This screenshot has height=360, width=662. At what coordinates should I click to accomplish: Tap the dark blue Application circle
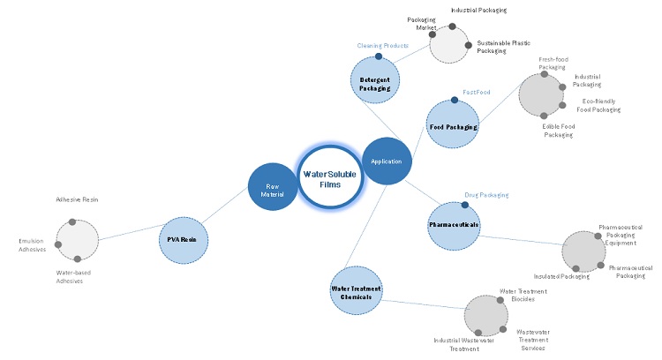click(x=387, y=161)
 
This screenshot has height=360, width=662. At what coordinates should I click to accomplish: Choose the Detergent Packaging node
click(x=375, y=81)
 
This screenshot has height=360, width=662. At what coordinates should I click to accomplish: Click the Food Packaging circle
click(x=453, y=127)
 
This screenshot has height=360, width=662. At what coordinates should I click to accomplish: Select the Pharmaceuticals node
click(x=454, y=225)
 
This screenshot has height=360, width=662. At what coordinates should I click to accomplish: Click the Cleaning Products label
click(x=382, y=45)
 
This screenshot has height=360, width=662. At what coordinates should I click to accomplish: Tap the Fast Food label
click(x=476, y=93)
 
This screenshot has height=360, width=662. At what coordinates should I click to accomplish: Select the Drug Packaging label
click(x=486, y=195)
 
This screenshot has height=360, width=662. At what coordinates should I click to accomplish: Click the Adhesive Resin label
click(x=77, y=200)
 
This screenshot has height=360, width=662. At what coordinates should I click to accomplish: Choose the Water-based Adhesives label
click(x=73, y=277)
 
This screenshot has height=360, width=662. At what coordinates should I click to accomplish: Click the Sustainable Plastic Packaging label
click(x=504, y=47)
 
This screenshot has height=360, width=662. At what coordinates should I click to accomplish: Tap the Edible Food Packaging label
click(x=559, y=131)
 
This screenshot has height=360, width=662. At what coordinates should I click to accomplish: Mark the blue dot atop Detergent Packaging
click(x=379, y=56)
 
